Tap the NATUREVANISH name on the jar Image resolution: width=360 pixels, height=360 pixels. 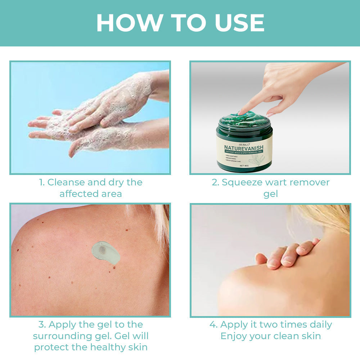tap(244, 147)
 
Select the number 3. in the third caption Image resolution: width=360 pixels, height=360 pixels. tap(42, 324)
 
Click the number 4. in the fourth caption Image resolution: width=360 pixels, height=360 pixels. tap(213, 324)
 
